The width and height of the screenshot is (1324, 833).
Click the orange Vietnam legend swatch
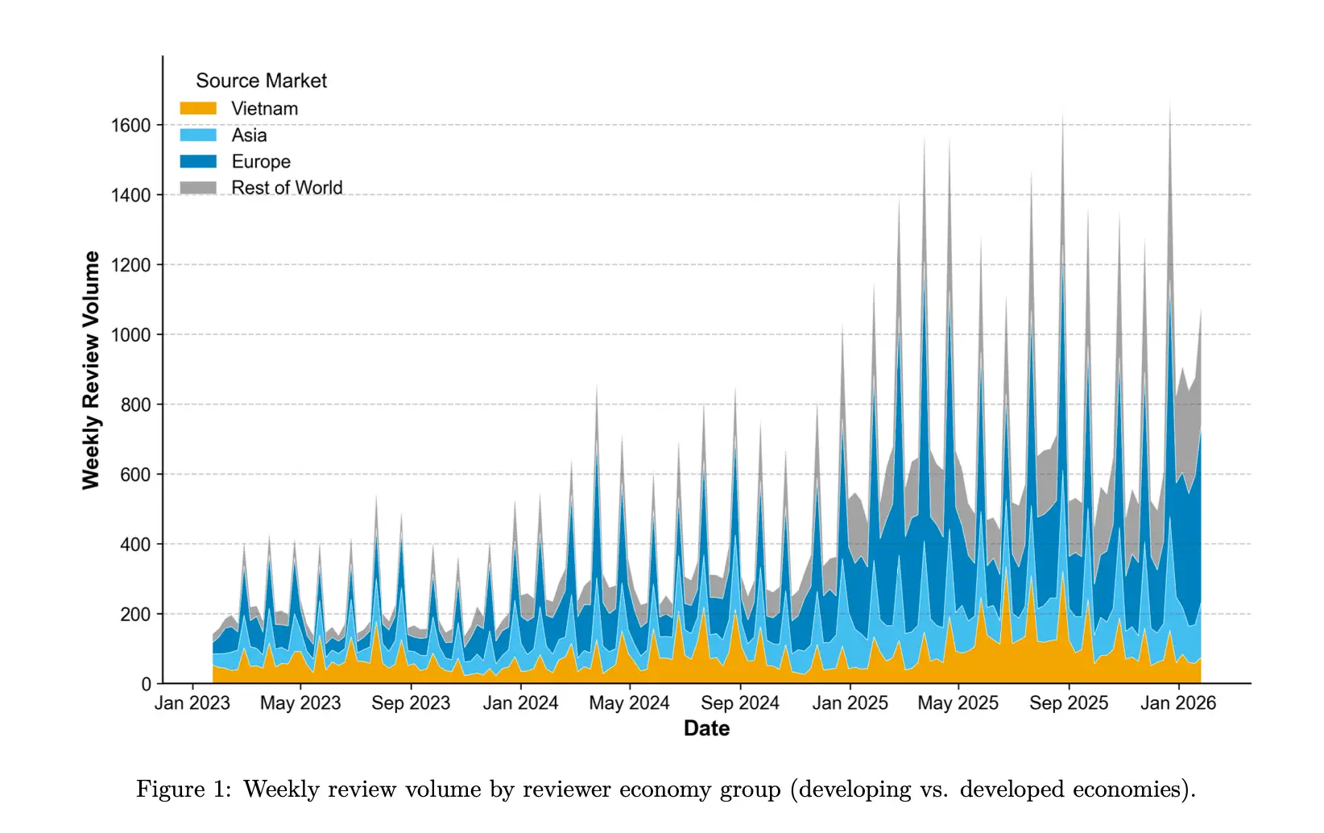(198, 109)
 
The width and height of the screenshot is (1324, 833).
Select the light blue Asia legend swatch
(198, 135)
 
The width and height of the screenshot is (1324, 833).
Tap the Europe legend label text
(261, 162)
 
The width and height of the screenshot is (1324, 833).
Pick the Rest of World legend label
(287, 188)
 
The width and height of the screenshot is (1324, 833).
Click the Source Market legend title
(261, 81)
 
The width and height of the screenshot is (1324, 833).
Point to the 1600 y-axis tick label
(130, 126)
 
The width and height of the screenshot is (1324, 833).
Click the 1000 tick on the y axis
(130, 335)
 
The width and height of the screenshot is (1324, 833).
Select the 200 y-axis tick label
(134, 615)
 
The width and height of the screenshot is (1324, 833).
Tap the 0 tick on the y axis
(146, 685)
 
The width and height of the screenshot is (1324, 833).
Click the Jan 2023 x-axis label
(192, 703)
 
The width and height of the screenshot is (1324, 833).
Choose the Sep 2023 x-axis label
(411, 703)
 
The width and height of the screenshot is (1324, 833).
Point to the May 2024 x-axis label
(629, 703)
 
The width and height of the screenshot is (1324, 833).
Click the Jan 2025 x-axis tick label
(850, 703)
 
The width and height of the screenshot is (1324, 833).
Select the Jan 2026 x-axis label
(1178, 703)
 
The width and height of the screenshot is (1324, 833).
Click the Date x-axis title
(706, 728)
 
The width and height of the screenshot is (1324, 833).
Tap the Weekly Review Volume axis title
(91, 370)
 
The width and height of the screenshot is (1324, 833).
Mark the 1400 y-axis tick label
(130, 196)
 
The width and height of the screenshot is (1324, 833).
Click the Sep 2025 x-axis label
(1069, 703)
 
